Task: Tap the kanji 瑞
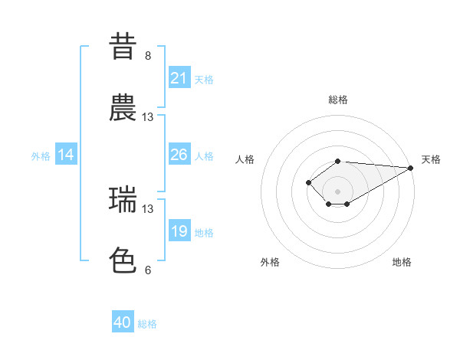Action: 123,200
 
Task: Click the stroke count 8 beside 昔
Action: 148,56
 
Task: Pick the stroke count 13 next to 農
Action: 148,117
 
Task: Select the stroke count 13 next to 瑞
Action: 148,208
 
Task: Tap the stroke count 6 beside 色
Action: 148,270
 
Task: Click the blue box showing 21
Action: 179,78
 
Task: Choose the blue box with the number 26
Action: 179,155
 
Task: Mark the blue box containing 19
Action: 179,231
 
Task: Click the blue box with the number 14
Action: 66,155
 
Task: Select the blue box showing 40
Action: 123,322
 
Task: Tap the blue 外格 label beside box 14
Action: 41,155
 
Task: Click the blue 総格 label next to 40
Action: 147,324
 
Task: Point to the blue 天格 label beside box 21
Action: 204,79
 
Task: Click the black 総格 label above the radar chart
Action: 338,100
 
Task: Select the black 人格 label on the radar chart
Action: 245,159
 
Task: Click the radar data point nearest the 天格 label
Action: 411,168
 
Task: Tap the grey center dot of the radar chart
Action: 337,191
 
